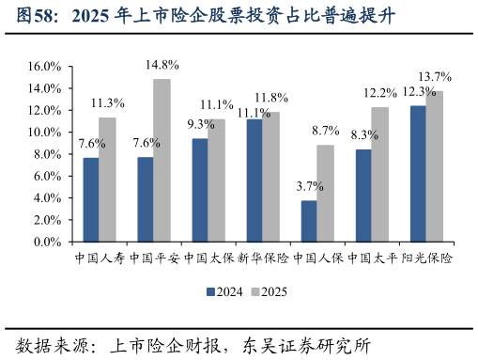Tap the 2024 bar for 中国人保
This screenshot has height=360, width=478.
309,221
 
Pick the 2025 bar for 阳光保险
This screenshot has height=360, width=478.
433,165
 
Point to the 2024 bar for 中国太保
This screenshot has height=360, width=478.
200,190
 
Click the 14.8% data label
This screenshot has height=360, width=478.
162,66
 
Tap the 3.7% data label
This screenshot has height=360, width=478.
310,187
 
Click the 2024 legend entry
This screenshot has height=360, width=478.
225,291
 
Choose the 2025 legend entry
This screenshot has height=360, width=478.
269,291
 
